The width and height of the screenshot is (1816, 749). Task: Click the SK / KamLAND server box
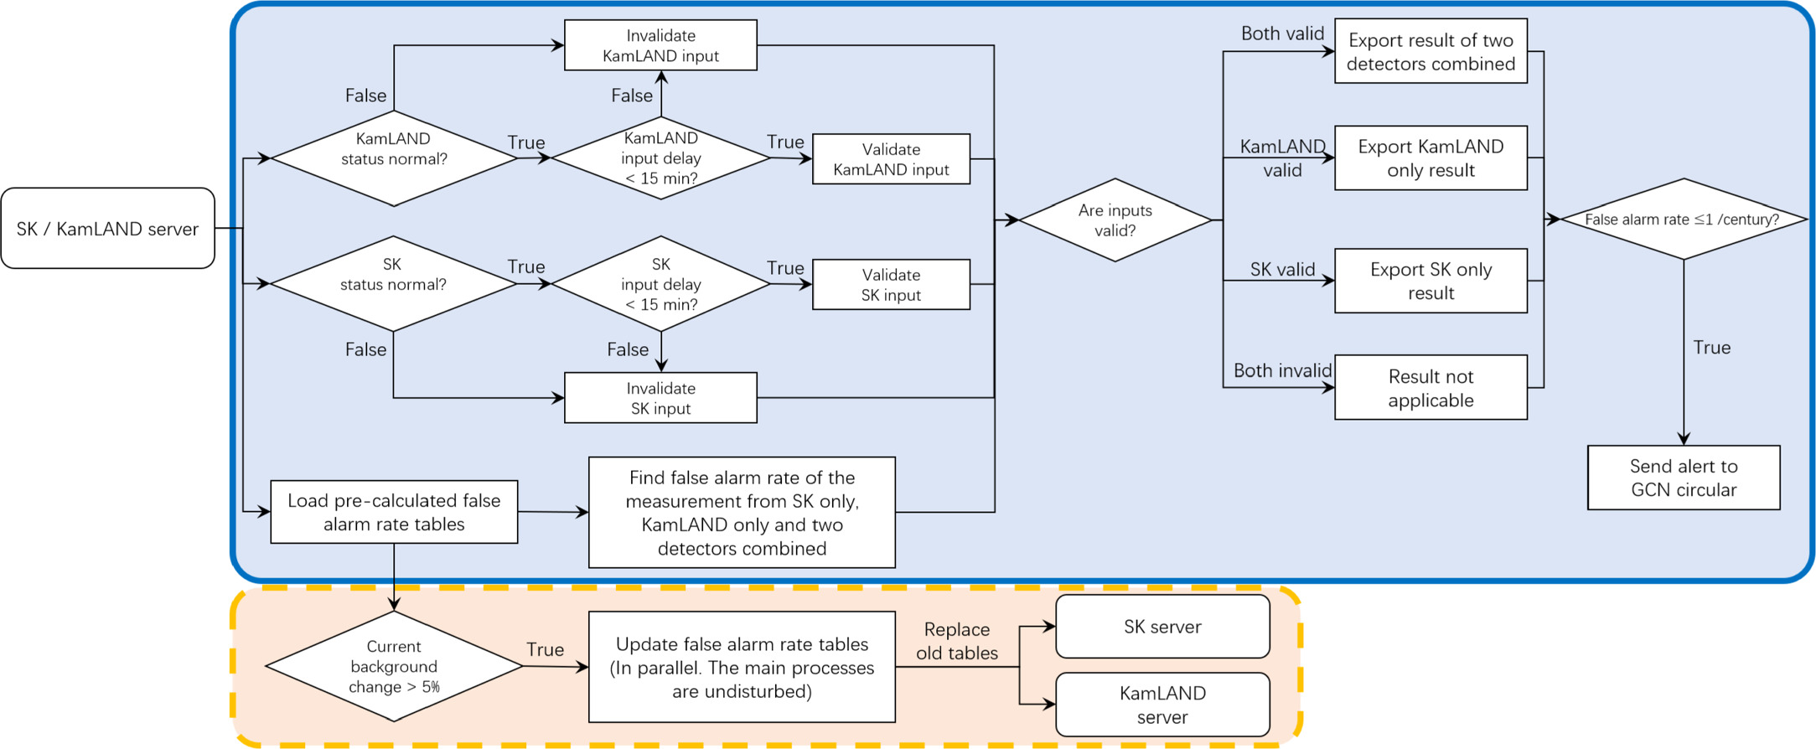click(107, 228)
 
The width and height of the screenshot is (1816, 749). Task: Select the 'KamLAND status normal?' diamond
click(393, 158)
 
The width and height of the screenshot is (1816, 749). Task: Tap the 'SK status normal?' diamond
click(392, 283)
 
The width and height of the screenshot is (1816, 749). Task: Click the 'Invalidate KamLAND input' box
click(660, 45)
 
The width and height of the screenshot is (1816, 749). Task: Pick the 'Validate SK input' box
click(891, 285)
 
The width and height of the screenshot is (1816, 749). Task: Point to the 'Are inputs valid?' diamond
click(1115, 220)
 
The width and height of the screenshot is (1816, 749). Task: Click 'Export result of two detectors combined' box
click(1431, 51)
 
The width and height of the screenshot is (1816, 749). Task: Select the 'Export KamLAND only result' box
click(1431, 158)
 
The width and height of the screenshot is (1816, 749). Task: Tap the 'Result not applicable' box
click(1431, 387)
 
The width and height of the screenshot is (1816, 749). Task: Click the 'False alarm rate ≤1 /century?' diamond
click(1682, 219)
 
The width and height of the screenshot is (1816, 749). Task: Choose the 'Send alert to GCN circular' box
click(1683, 478)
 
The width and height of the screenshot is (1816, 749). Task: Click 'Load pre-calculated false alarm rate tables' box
click(394, 512)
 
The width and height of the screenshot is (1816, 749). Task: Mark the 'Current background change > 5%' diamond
click(393, 666)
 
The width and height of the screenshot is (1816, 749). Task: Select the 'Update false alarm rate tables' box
click(742, 667)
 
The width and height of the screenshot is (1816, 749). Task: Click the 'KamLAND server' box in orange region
click(1162, 705)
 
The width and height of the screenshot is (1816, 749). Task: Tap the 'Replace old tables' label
click(956, 641)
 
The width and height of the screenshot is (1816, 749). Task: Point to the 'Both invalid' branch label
click(1282, 370)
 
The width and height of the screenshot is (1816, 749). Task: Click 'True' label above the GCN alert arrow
click(1711, 347)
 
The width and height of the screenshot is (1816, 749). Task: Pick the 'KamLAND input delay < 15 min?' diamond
click(660, 158)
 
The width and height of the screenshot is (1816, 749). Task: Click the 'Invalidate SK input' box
click(660, 398)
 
